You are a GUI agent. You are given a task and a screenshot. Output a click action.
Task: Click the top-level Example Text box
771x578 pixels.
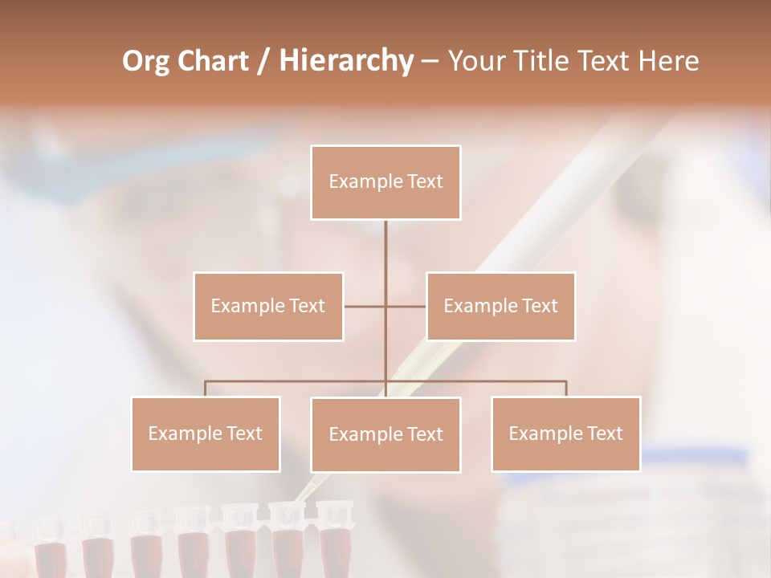click(x=385, y=182)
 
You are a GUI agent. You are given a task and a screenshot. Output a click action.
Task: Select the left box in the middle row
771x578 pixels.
click(x=268, y=306)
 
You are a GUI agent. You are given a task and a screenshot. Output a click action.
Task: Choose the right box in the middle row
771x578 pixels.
click(x=500, y=306)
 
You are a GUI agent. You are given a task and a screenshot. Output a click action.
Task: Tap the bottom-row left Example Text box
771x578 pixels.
click(x=206, y=433)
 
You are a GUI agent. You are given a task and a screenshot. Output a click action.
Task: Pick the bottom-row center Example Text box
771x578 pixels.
click(x=385, y=434)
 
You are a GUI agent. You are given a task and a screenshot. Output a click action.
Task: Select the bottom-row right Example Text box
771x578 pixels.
click(x=565, y=433)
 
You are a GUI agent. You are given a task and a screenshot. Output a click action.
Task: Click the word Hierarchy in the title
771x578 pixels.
click(x=346, y=61)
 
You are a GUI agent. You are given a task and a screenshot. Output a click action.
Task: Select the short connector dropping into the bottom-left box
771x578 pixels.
click(x=206, y=389)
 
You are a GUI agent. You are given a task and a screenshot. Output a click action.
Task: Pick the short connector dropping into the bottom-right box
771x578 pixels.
click(x=566, y=389)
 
